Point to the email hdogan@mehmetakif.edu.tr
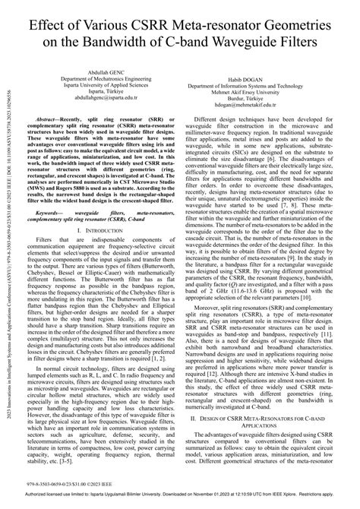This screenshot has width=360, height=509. [x=262, y=106]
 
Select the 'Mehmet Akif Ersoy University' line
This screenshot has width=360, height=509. [x=262, y=92]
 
